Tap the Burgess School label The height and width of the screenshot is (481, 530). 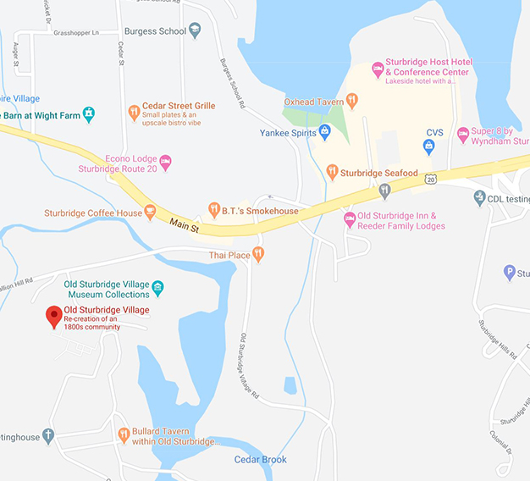[x=154, y=31]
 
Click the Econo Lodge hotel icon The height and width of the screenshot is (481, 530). [x=166, y=162]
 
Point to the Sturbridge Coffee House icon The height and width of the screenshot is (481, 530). [x=151, y=212]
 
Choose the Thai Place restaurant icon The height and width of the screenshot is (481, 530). [x=258, y=254]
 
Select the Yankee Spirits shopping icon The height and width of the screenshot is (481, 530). [x=323, y=132]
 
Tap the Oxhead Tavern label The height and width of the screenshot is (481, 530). [x=310, y=102]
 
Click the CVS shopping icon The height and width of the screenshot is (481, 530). [x=428, y=146]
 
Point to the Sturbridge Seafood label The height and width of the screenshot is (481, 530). [x=379, y=174]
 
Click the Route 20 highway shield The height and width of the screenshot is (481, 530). [x=431, y=180]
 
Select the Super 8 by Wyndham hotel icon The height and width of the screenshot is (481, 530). [x=462, y=134]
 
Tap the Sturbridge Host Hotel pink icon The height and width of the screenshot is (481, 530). [x=378, y=68]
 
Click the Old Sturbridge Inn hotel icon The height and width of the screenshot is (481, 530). [x=349, y=219]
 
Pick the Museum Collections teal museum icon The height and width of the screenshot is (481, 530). [x=157, y=289]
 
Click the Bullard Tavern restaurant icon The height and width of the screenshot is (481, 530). [x=124, y=436]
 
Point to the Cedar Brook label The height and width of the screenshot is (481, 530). [x=260, y=460]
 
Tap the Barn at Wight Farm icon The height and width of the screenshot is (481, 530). [x=88, y=115]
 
